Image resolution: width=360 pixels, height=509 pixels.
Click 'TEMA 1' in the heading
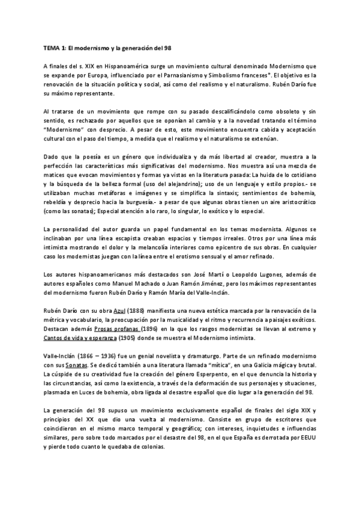[55, 47]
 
